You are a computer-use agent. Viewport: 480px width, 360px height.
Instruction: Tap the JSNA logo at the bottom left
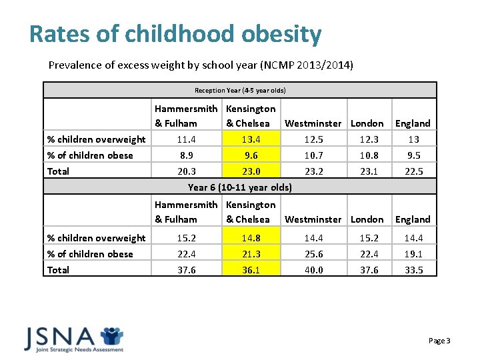coord(73,339)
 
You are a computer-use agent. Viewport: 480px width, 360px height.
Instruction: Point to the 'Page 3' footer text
coord(439,341)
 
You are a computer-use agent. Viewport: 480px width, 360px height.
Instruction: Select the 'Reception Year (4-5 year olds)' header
coord(240,90)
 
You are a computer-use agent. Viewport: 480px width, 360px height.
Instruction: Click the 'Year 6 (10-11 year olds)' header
coord(240,187)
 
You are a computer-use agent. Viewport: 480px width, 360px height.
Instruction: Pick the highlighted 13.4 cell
coord(251,139)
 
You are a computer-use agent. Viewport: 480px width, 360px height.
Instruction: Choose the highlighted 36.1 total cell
coord(251,270)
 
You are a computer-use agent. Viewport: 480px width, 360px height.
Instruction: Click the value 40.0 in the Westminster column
coord(313,270)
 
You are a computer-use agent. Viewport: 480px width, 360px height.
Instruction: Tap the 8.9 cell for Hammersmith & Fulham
coord(176,155)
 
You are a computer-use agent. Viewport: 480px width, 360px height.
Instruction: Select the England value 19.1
coord(413,254)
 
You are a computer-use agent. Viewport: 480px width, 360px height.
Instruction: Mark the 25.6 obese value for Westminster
coord(313,254)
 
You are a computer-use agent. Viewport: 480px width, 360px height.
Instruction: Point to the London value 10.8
coord(367,155)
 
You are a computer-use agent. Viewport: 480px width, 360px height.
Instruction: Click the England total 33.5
coord(413,270)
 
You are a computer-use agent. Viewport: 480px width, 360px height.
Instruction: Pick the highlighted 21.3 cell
coord(251,254)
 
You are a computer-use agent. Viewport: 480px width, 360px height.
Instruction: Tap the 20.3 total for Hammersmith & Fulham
coord(176,171)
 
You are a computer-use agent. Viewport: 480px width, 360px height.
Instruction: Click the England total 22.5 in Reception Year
coord(413,171)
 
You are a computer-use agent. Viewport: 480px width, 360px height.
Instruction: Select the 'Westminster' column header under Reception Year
coord(313,123)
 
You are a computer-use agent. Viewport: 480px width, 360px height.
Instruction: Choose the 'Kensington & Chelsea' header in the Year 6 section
coord(251,212)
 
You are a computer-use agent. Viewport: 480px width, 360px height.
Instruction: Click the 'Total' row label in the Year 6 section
coord(58,270)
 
